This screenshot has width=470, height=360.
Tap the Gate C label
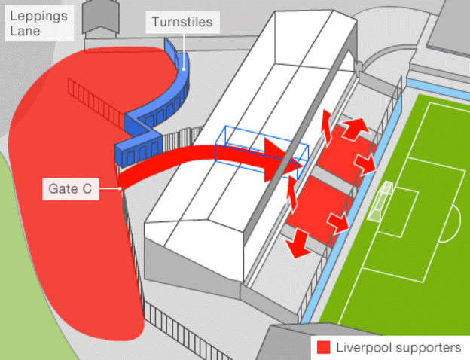click(72, 189)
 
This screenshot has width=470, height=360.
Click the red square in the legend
click(324, 347)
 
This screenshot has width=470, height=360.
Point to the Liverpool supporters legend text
click(398, 347)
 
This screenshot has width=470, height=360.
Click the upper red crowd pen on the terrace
click(346, 154)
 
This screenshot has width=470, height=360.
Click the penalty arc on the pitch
click(453, 223)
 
